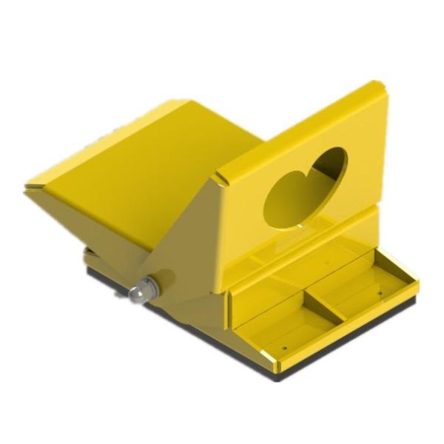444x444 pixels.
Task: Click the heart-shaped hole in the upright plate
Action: (x=304, y=185)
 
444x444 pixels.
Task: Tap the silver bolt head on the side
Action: (x=138, y=293)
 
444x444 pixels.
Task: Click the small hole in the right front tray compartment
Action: (x=379, y=293)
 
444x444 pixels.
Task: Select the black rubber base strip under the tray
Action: (x=348, y=348)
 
